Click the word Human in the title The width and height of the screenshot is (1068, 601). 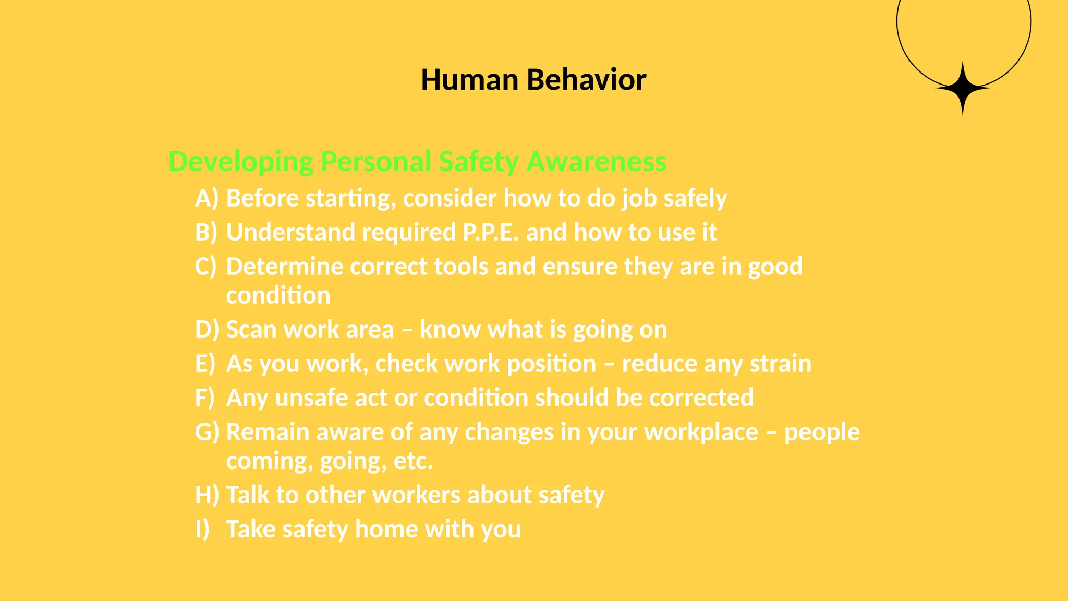[469, 80]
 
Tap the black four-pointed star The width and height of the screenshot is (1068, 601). [963, 88]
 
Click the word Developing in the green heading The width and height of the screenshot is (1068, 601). [240, 162]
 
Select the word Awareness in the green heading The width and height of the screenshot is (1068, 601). [597, 162]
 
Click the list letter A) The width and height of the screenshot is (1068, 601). [207, 198]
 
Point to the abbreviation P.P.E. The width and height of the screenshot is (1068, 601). [491, 232]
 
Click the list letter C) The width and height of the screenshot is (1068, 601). [205, 267]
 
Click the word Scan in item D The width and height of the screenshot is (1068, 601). [251, 330]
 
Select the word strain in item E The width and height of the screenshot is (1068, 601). [780, 364]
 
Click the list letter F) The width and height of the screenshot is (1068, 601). [204, 398]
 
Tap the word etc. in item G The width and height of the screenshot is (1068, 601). [413, 461]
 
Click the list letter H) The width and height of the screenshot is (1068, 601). [207, 495]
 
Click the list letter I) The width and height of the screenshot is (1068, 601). [202, 529]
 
